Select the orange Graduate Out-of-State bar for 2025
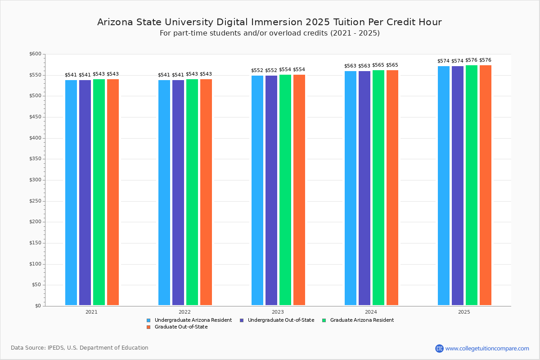[486, 185]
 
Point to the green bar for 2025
[472, 185]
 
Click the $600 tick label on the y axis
[35, 54]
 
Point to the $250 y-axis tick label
[35, 201]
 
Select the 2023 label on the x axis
[278, 311]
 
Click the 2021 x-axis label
[91, 311]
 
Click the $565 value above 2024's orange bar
[392, 65]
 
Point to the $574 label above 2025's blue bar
[443, 61]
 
